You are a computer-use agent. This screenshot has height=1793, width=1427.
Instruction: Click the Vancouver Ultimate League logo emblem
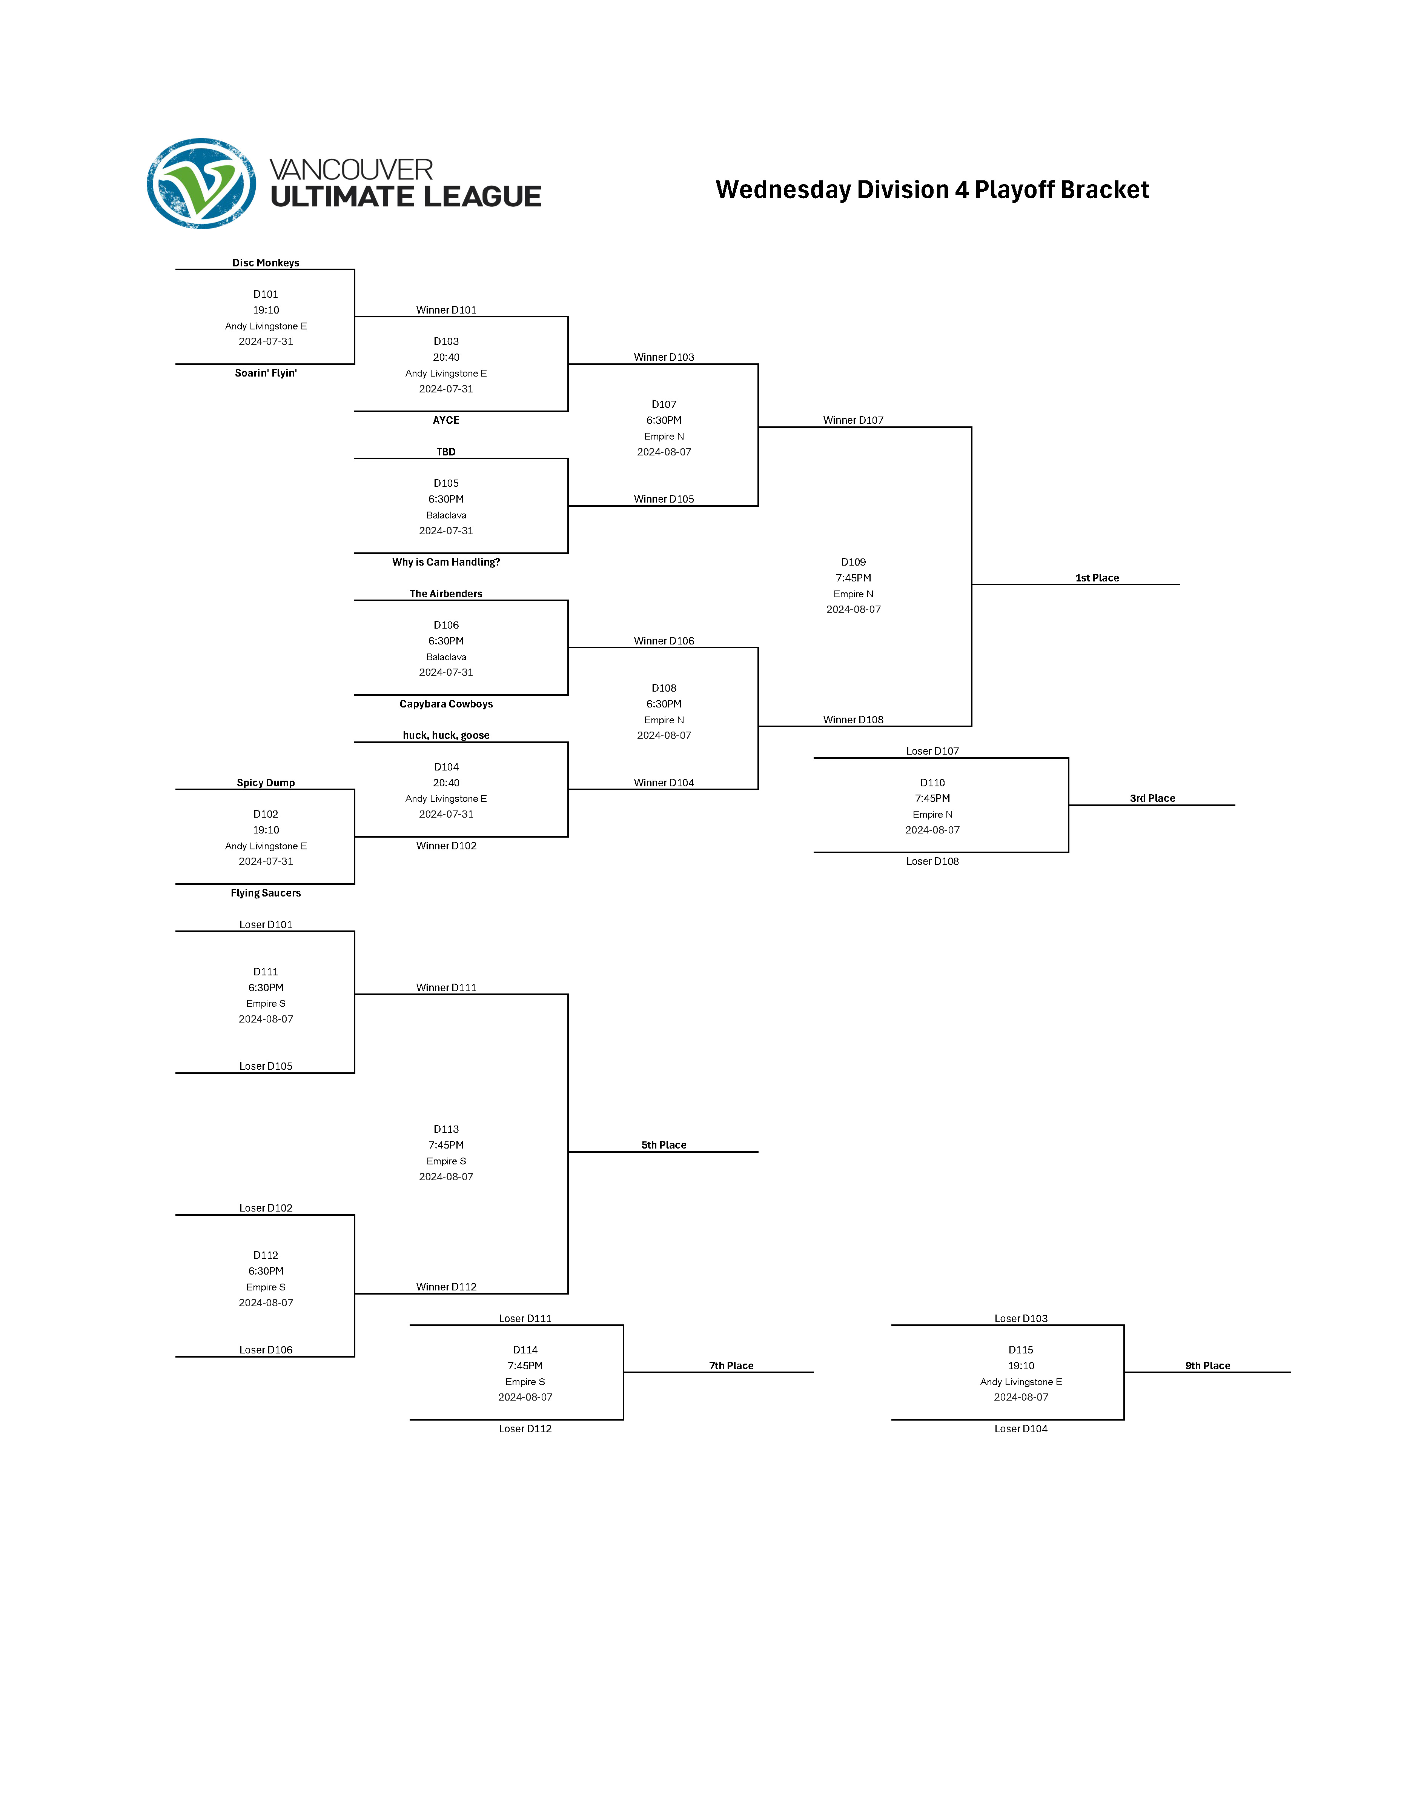click(201, 184)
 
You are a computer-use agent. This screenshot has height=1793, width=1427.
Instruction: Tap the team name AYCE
click(446, 420)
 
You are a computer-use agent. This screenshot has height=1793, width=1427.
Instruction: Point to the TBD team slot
click(446, 452)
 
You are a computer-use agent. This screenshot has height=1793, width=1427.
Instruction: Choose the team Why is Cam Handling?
click(446, 562)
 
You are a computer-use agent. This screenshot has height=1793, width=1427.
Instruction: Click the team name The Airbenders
click(446, 594)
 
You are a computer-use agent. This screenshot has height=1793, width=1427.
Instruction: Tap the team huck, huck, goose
click(446, 735)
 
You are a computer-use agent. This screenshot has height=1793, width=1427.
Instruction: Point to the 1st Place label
click(1097, 578)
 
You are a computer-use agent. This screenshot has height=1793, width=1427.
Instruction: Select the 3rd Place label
click(1152, 798)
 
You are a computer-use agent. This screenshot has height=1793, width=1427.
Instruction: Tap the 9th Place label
click(1207, 1366)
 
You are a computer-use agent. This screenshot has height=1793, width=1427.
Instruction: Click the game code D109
click(853, 562)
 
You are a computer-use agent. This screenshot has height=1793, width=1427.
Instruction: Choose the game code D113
click(446, 1129)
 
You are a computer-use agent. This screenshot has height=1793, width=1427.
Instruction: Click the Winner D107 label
click(853, 420)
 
